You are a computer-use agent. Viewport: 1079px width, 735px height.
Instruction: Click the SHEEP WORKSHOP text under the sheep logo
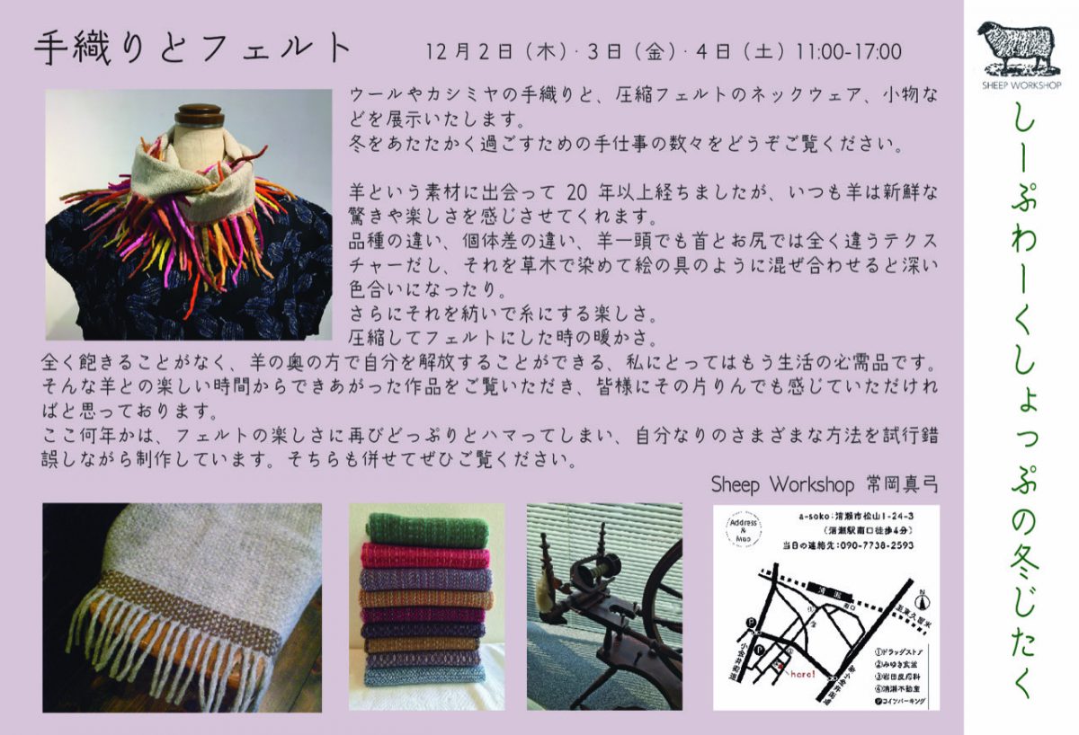click(1019, 85)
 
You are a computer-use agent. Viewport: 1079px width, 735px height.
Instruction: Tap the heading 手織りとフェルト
click(192, 49)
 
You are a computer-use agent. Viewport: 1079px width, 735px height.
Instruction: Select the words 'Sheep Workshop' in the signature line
click(782, 484)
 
